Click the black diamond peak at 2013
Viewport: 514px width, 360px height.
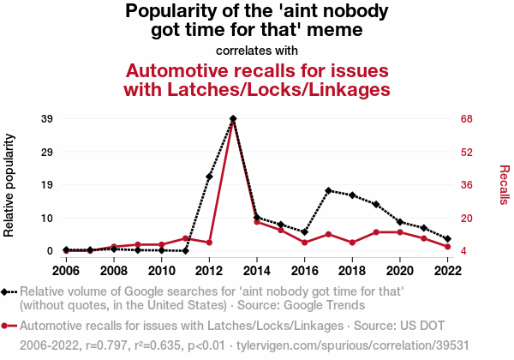tap(233, 118)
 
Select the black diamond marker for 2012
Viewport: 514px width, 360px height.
tap(209, 177)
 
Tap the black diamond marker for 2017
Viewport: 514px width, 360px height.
tap(328, 190)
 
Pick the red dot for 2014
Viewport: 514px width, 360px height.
tap(257, 222)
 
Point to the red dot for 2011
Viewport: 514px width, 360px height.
tap(185, 238)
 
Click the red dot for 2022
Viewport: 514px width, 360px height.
tap(448, 247)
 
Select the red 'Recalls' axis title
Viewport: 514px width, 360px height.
tap(504, 184)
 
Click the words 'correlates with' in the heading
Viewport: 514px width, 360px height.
tap(257, 50)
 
